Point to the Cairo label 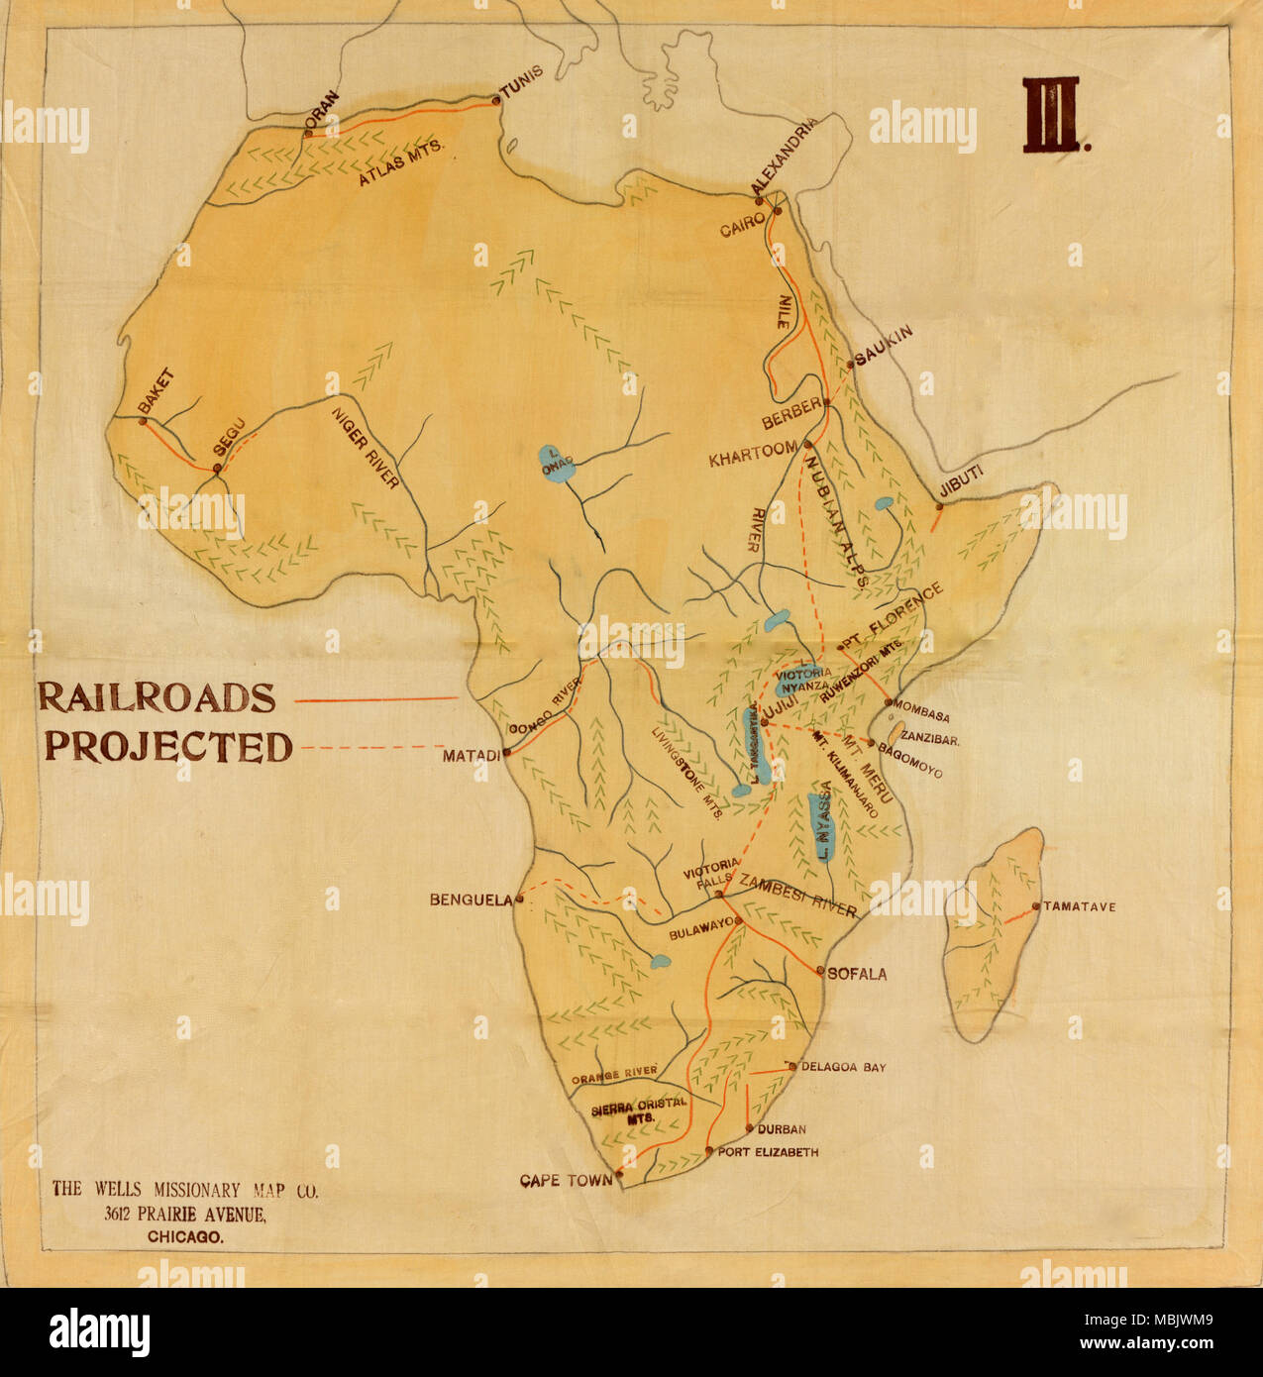742,224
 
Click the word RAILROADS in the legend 157,697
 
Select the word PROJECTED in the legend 168,746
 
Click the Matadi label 472,756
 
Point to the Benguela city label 471,900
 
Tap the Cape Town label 567,1180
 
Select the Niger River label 366,447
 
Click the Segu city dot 217,469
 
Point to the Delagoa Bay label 843,1067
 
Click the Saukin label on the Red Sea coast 884,345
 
